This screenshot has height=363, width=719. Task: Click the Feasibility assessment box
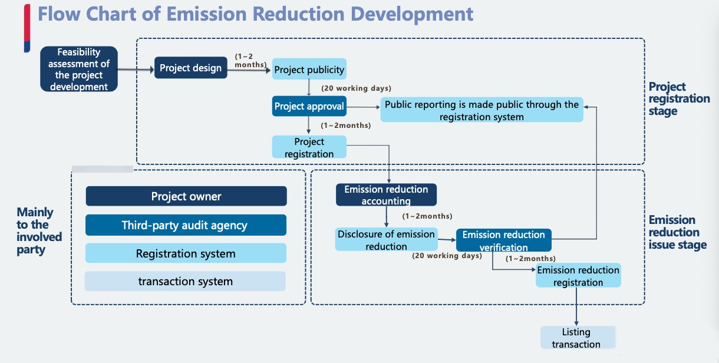pyautogui.click(x=79, y=70)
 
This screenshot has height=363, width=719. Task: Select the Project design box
pyautogui.click(x=190, y=68)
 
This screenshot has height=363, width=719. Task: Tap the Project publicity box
pyautogui.click(x=309, y=70)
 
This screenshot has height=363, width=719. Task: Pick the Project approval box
pyautogui.click(x=309, y=107)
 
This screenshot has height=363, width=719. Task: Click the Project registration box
pyautogui.click(x=309, y=147)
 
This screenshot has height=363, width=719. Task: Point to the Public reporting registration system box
pyautogui.click(x=481, y=110)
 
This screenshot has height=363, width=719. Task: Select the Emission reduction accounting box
pyautogui.click(x=386, y=195)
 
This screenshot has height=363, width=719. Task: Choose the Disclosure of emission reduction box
pyautogui.click(x=386, y=240)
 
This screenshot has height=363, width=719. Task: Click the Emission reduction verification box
pyautogui.click(x=504, y=240)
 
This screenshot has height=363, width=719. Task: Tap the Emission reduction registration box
pyautogui.click(x=578, y=276)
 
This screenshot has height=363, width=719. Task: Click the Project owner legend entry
pyautogui.click(x=186, y=196)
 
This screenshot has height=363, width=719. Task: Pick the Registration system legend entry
pyautogui.click(x=186, y=253)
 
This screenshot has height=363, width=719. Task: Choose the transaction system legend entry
pyautogui.click(x=185, y=281)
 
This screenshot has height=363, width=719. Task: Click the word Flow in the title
pyautogui.click(x=58, y=14)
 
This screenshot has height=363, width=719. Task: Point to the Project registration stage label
pyautogui.click(x=679, y=99)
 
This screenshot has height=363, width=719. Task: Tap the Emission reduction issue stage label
pyautogui.click(x=677, y=232)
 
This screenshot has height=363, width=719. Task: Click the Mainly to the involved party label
pyautogui.click(x=39, y=230)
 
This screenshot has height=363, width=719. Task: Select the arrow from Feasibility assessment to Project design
pyautogui.click(x=135, y=69)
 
